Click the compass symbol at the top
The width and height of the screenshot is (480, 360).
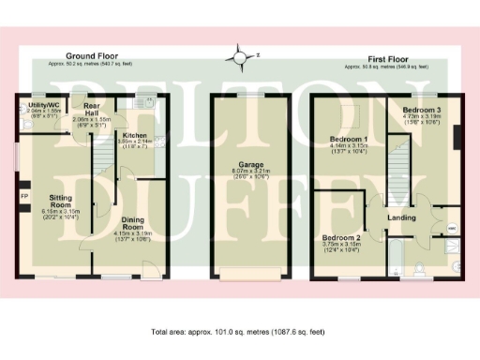point(243,58)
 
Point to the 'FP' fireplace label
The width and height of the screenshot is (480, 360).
point(24,197)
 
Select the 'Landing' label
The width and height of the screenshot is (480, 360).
point(402,219)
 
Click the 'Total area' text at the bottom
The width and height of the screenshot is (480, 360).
point(237,332)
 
